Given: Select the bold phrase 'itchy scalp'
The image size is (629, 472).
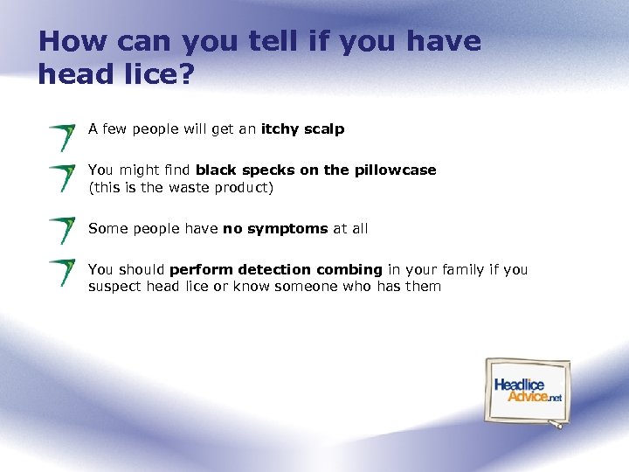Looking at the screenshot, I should point(302,129).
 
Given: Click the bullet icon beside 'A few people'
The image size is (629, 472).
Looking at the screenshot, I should point(62,137).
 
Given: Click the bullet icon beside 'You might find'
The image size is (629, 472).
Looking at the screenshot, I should point(62,177).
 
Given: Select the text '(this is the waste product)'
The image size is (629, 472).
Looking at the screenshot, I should point(181,187).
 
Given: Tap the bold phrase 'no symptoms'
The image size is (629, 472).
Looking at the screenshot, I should point(275,229).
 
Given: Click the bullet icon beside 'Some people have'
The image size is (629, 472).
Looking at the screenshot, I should point(62,230).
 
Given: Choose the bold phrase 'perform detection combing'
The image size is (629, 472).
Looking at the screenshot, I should point(276,270).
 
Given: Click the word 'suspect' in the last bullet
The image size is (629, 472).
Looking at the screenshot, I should point(116,287).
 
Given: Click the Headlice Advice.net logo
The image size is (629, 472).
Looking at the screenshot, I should point(527,391).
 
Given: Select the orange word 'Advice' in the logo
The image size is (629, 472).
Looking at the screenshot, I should point(528,396).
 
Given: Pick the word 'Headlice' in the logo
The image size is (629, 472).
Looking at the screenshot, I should point(519,385).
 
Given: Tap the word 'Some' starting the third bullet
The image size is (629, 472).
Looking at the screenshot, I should point(107,229).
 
